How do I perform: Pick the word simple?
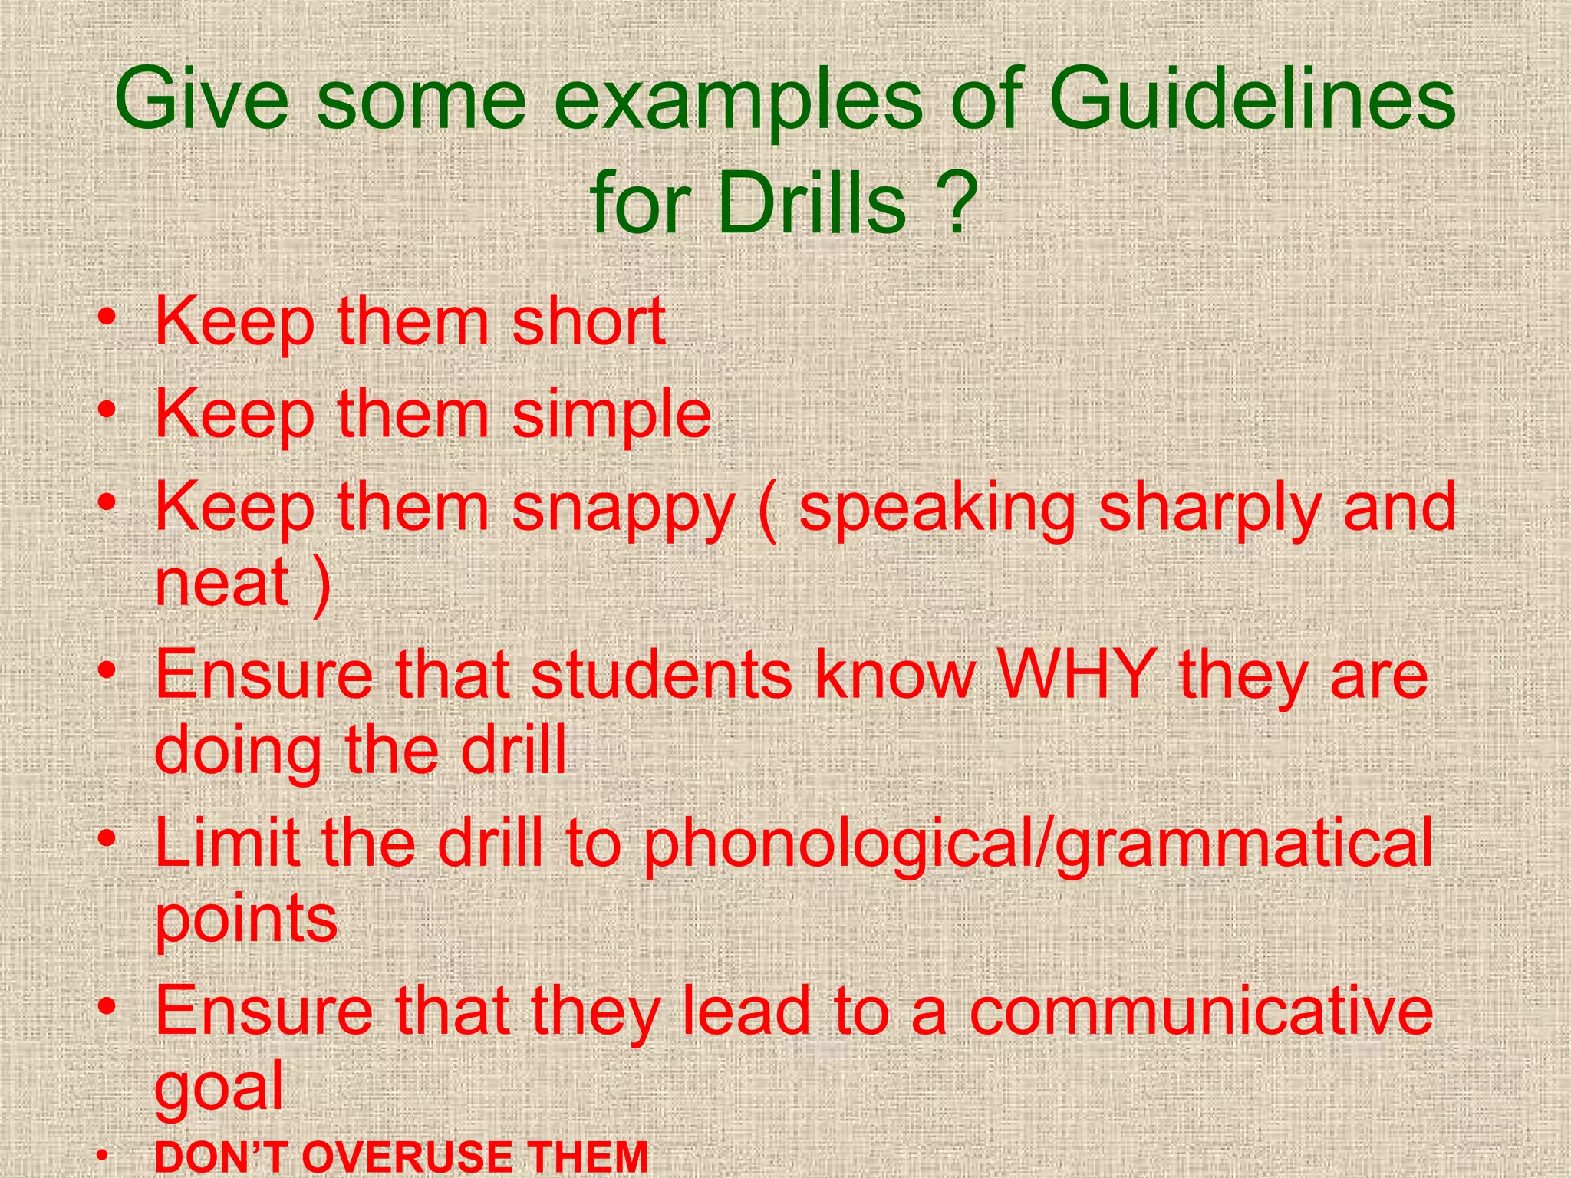[x=611, y=414]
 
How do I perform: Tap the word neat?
[x=222, y=581]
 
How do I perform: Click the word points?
[x=246, y=919]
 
